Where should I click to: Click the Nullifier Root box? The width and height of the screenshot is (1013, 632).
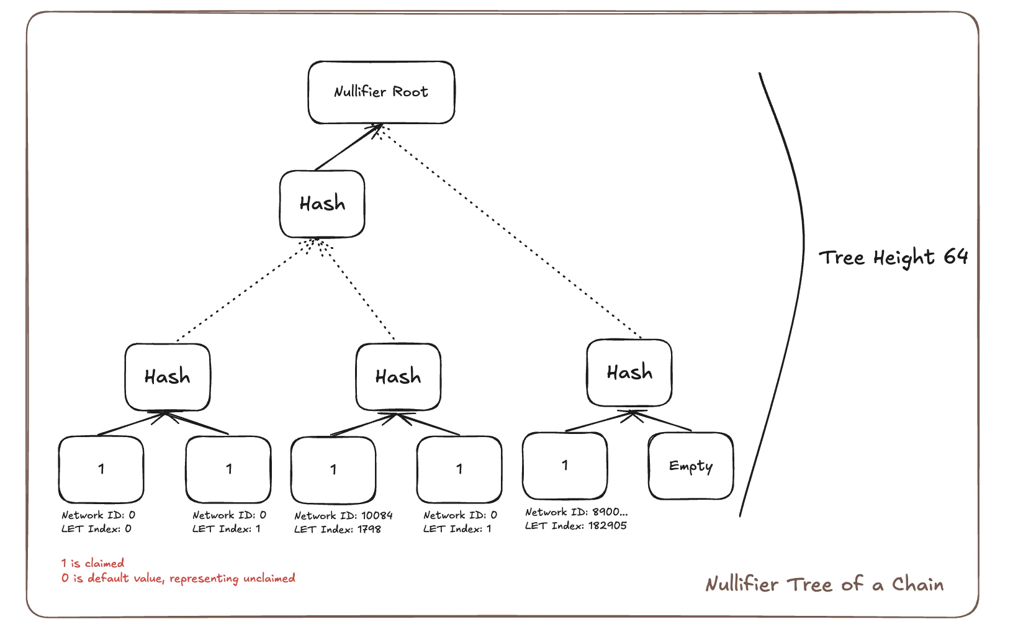pos(381,92)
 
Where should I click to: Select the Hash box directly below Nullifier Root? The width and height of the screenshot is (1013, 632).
pos(322,204)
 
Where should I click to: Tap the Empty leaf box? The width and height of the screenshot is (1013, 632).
pos(690,466)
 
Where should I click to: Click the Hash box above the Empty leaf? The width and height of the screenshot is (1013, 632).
pos(629,372)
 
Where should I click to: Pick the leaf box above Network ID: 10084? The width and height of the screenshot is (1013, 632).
pos(333,469)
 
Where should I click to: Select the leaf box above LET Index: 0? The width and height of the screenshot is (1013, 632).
pos(101,469)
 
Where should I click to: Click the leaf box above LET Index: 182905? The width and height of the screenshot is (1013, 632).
pos(565,466)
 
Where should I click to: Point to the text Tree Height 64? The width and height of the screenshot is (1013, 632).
pos(893,257)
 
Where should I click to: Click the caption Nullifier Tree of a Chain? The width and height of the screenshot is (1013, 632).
pos(824,584)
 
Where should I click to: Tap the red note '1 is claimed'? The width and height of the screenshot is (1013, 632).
pos(92,563)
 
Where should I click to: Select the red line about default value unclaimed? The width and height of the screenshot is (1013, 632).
pos(178,578)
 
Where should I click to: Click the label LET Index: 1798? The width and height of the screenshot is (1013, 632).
pos(338,529)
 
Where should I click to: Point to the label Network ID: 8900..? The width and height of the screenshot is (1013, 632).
pos(576,512)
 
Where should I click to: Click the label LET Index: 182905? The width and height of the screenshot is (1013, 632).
pos(575,526)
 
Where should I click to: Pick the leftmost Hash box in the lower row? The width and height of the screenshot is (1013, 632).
pos(168,377)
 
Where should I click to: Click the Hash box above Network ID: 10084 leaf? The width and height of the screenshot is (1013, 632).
pos(398,377)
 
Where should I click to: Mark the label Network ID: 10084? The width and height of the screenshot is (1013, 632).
pos(343,515)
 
